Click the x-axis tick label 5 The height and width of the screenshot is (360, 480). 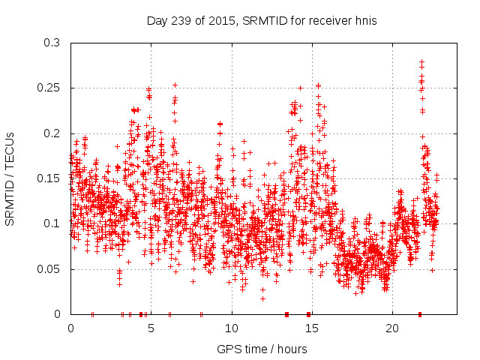click(151, 328)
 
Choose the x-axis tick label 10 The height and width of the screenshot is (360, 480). click(231, 328)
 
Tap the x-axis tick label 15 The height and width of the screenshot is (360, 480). click(312, 328)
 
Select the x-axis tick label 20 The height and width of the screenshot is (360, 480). click(392, 328)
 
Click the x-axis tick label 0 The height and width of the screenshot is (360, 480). click(70, 328)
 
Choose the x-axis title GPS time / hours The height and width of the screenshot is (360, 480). click(262, 349)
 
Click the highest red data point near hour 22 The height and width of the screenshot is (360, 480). click(421, 61)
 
